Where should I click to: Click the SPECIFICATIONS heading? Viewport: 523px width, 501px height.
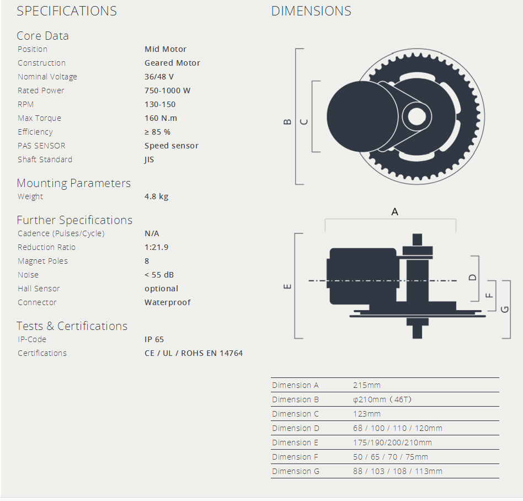click(x=67, y=11)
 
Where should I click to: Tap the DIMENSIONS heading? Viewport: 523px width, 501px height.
click(x=311, y=11)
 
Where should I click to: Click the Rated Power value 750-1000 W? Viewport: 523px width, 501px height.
click(x=167, y=90)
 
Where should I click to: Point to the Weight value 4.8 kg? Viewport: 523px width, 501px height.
click(x=156, y=196)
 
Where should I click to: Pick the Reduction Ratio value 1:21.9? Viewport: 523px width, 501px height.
click(x=156, y=247)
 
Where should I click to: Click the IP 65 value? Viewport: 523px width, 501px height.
click(x=154, y=339)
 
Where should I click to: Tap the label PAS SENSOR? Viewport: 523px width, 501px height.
click(x=41, y=146)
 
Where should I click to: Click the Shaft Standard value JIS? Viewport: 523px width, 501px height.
click(x=149, y=159)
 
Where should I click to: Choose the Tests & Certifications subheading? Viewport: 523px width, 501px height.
click(x=72, y=326)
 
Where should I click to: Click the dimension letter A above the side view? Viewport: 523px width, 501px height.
click(x=394, y=211)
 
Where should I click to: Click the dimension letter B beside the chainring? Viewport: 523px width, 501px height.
click(x=287, y=121)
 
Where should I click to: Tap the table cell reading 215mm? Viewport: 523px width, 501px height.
click(x=367, y=385)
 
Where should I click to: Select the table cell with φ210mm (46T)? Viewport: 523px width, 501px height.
click(x=382, y=399)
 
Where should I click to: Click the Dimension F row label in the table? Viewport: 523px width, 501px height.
click(x=295, y=457)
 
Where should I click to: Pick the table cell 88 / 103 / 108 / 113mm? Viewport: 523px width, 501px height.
click(x=397, y=471)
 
